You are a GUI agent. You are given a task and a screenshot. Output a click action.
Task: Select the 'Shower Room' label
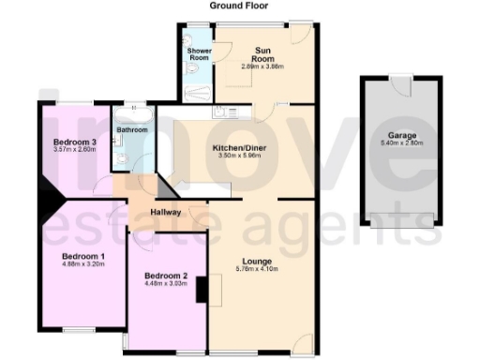coord(199,52)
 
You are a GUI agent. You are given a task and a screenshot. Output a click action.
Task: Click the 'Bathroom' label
coord(131,129)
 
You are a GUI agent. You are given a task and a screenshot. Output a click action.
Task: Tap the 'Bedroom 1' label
coord(83,256)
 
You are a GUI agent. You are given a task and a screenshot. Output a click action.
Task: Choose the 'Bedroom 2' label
coord(165,277)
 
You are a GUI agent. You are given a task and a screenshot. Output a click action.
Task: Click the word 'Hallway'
coord(165,213)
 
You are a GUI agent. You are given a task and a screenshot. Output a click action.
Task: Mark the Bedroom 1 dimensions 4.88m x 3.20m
coord(83,264)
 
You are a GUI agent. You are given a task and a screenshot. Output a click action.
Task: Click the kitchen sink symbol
coord(221,113)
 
